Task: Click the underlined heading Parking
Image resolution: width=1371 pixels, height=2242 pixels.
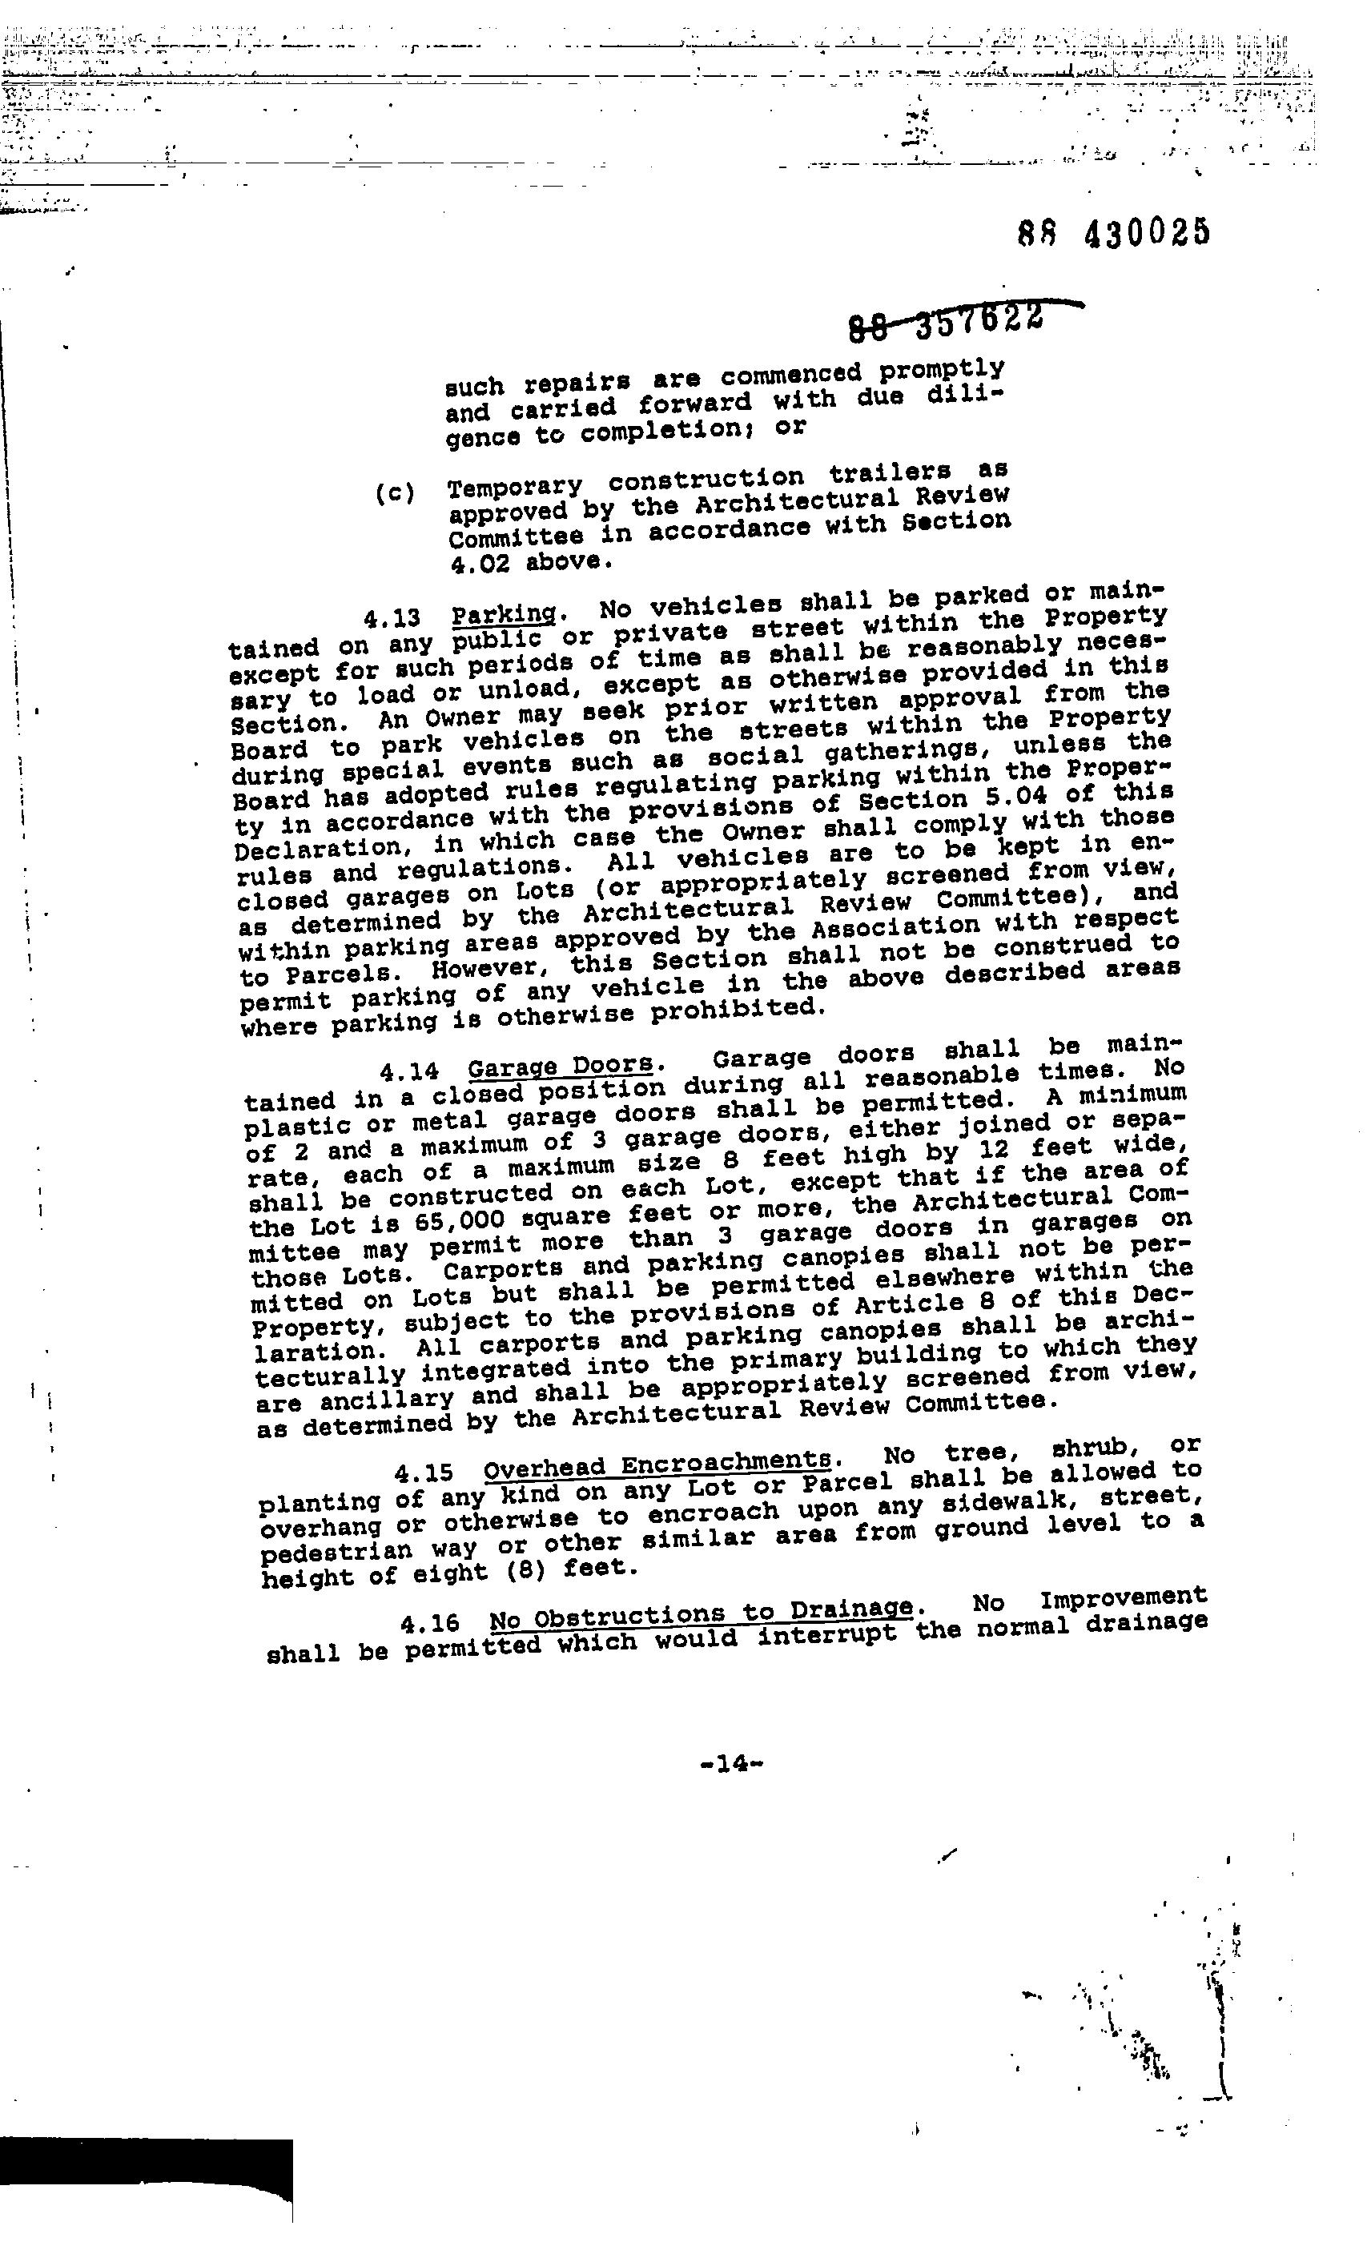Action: click(x=503, y=614)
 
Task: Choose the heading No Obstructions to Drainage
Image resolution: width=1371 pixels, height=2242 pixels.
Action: click(x=700, y=1615)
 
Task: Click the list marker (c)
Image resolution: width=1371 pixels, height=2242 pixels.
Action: click(x=394, y=494)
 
